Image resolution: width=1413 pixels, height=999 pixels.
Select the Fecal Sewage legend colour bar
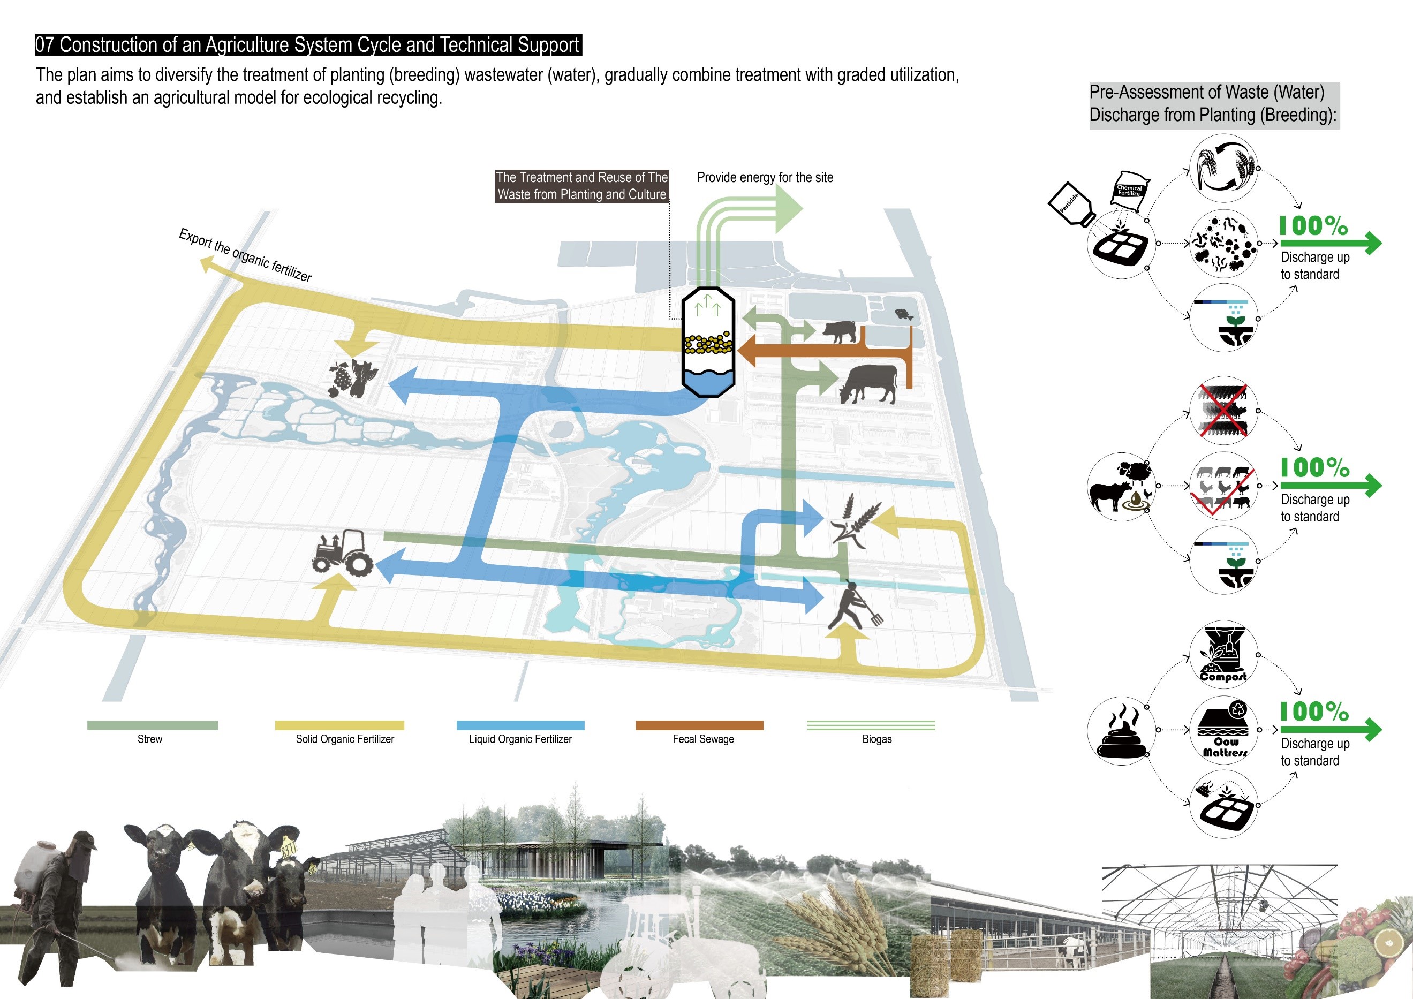click(699, 725)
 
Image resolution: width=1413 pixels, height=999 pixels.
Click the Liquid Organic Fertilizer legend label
click(520, 739)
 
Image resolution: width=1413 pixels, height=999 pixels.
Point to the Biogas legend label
click(876, 739)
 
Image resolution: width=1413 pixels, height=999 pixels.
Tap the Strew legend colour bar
click(152, 725)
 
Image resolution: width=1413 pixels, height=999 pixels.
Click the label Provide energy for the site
click(765, 178)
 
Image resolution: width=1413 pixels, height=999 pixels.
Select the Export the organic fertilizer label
click(245, 255)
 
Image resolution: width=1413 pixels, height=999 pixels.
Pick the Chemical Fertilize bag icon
click(1130, 190)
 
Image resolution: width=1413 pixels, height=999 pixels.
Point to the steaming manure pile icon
click(1122, 731)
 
